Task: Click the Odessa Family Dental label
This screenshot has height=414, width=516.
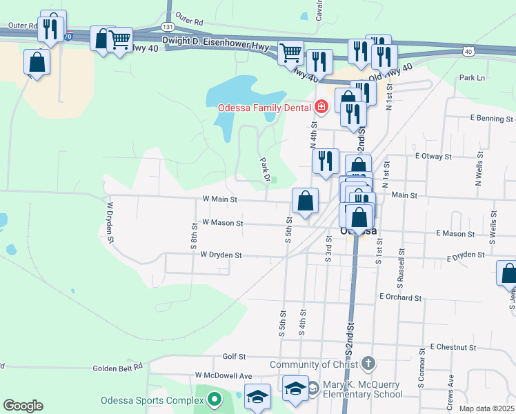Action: [x=265, y=108]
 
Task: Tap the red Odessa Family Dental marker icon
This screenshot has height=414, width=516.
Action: [x=321, y=107]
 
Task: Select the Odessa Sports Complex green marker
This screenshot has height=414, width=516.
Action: [x=214, y=399]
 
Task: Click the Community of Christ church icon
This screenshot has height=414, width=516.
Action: [x=368, y=364]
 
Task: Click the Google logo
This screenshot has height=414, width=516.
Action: [x=23, y=406]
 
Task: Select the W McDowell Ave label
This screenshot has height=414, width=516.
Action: [x=224, y=375]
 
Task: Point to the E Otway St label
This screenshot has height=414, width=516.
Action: [x=433, y=157]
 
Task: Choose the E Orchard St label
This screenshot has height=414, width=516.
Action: [x=400, y=297]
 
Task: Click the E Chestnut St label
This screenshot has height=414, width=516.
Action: [x=454, y=346]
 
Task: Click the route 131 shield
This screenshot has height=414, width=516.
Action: [x=168, y=26]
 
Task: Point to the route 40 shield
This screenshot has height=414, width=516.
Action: [x=468, y=51]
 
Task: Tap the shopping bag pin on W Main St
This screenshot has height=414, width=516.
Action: [x=305, y=201]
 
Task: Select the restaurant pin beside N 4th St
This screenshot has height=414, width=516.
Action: [x=326, y=161]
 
